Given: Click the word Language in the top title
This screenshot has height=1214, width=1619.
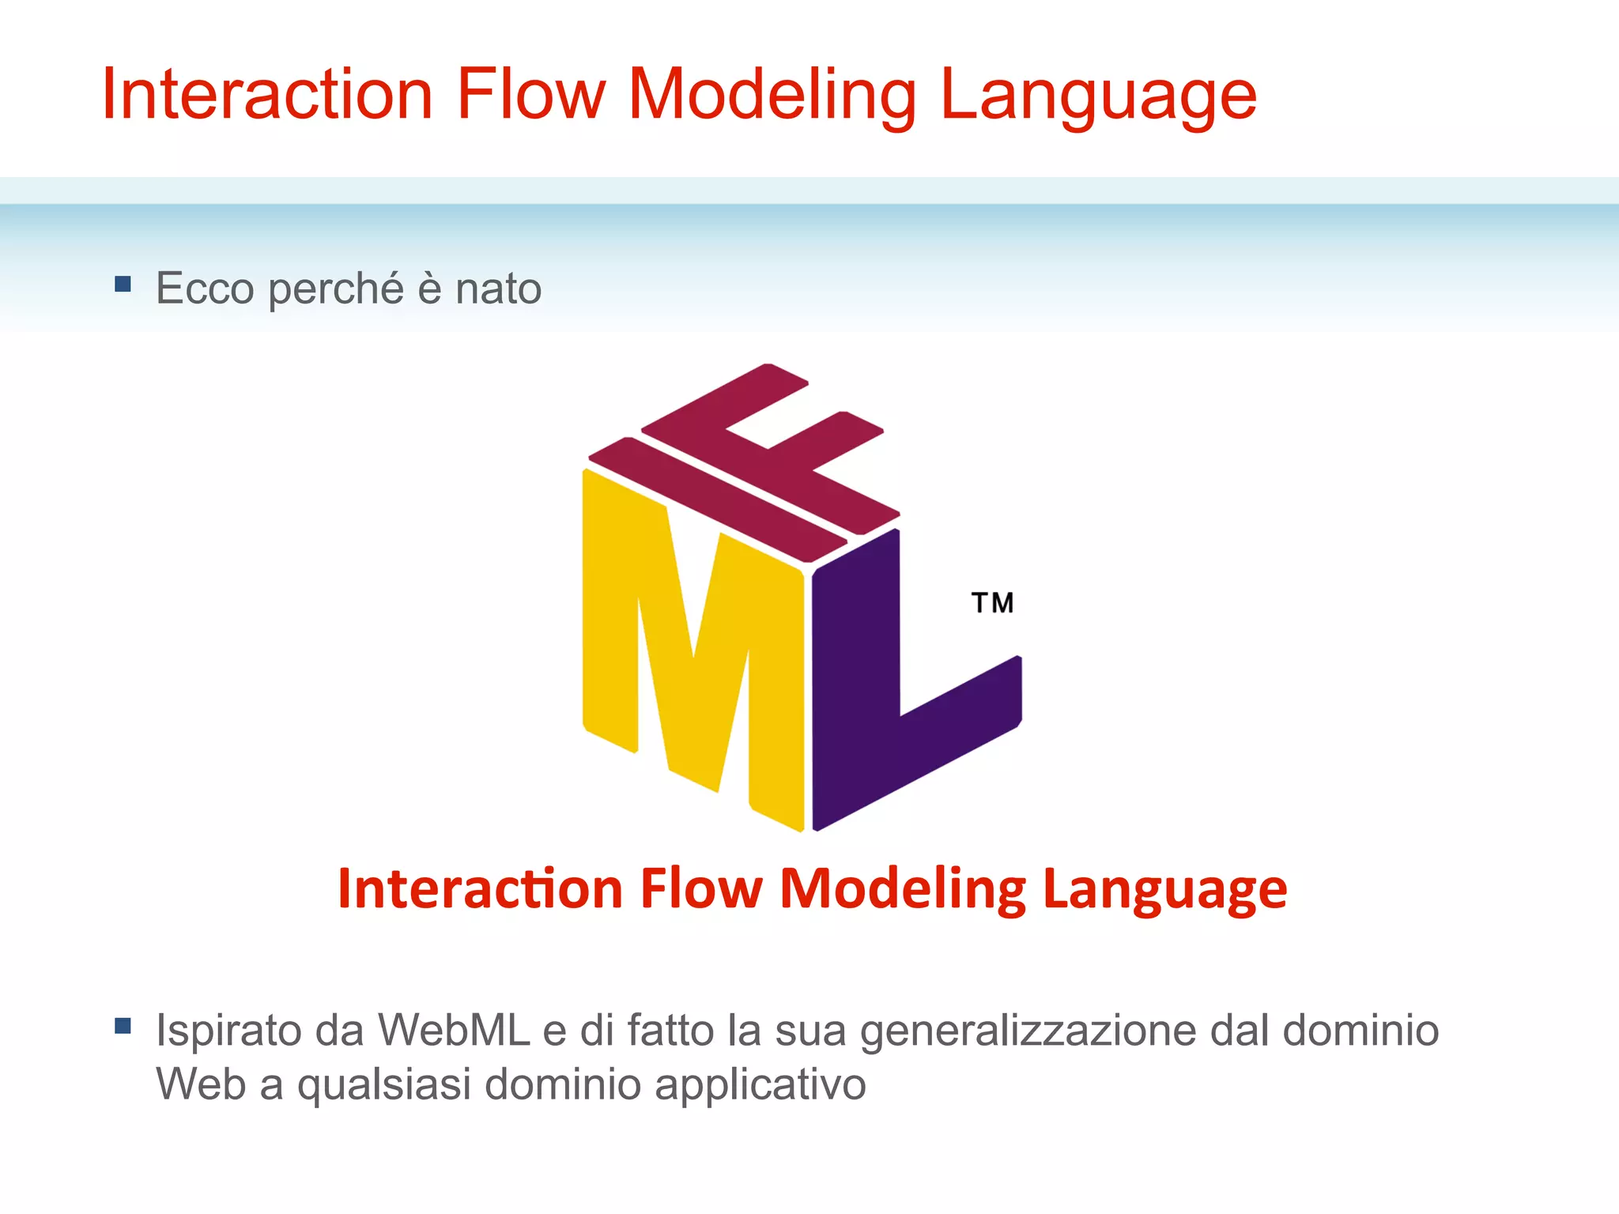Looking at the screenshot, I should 1097,96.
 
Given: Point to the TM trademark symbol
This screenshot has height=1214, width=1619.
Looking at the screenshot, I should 992,603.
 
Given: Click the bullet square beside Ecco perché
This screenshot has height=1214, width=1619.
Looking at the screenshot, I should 123,284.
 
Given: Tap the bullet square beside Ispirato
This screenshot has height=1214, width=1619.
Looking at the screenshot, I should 123,1026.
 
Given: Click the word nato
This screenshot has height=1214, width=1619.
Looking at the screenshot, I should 498,288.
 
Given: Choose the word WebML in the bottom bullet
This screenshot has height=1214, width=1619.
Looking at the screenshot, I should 453,1031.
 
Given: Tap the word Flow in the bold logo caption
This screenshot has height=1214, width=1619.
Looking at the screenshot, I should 701,888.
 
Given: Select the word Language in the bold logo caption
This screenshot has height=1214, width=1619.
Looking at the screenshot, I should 1164,890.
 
